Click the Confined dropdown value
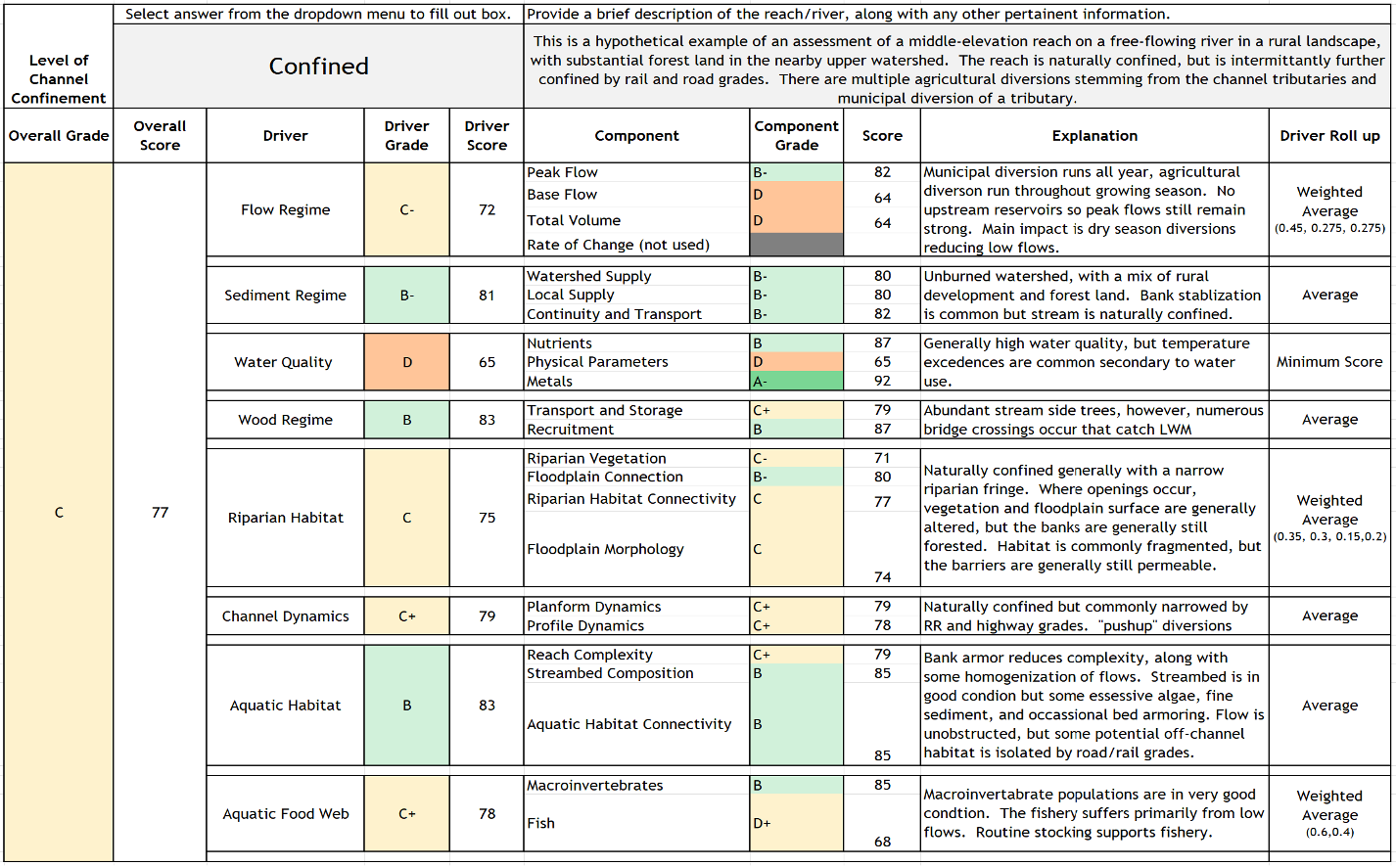(318, 67)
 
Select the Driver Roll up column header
(1329, 136)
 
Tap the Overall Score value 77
(160, 513)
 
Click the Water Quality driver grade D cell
(406, 362)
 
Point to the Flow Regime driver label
(285, 209)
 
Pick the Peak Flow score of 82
(882, 172)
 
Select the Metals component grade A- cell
(796, 382)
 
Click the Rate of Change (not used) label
(618, 245)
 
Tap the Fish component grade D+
(796, 823)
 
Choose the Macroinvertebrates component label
(594, 785)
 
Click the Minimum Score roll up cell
(1329, 362)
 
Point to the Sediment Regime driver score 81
(487, 295)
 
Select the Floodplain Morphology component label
(605, 549)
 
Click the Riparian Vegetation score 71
(882, 458)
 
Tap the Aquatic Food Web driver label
(285, 813)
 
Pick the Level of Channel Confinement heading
(59, 79)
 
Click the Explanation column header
(1094, 136)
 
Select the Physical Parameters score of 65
(882, 362)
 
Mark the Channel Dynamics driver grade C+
(406, 616)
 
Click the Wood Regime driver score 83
(487, 420)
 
